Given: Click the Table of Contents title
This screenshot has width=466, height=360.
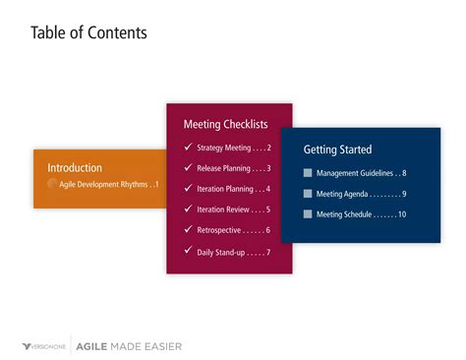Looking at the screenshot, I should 88,33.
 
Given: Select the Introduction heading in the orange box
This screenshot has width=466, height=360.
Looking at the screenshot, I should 75,167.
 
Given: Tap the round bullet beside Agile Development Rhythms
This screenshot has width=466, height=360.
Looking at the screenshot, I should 52,185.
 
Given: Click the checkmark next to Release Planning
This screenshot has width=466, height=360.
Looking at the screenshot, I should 188,168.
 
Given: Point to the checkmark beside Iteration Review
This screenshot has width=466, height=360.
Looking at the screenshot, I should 188,210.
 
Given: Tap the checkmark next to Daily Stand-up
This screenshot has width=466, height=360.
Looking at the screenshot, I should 188,251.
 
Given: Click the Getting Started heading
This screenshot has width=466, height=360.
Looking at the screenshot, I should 337,150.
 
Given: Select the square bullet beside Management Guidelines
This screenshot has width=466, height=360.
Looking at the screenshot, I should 308,173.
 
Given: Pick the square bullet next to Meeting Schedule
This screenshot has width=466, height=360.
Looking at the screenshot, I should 308,214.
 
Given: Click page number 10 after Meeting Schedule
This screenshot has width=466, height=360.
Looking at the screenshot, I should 401,214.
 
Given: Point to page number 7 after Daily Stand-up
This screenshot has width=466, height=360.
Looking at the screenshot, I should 267,252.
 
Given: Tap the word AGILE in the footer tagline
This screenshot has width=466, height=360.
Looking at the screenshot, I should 93,346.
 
